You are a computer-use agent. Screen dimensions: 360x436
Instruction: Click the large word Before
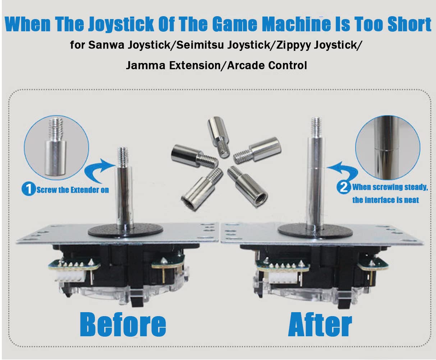click(123, 325)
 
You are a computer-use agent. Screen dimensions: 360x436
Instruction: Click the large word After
click(320, 325)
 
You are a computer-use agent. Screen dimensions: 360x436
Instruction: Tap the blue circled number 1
click(28, 189)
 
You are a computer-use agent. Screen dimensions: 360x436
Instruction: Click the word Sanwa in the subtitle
click(119, 46)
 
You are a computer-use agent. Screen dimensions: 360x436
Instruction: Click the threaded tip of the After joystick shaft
click(316, 125)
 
